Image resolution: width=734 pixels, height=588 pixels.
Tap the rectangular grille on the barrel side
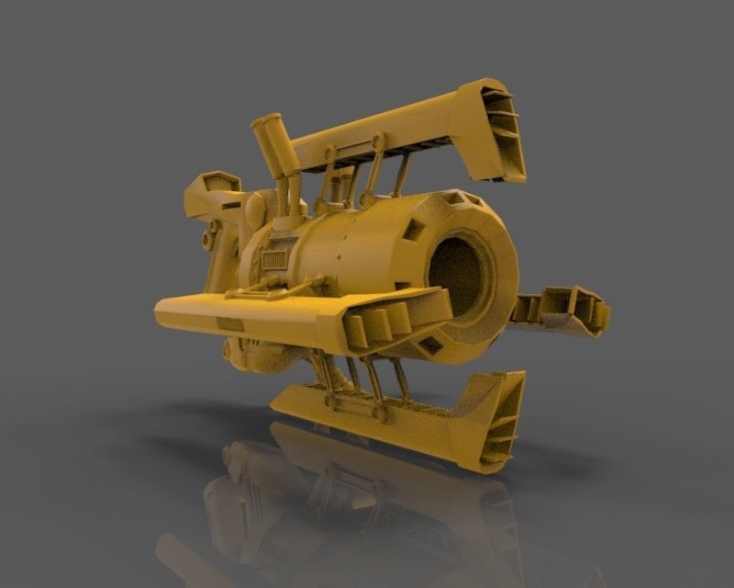point(273,260)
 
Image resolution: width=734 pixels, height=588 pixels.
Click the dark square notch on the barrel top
point(451,198)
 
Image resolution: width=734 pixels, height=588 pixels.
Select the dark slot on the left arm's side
point(229,323)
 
